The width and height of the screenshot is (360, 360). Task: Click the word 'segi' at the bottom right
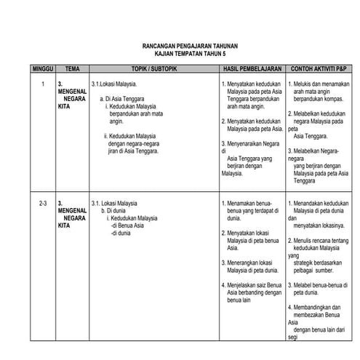[292, 337]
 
